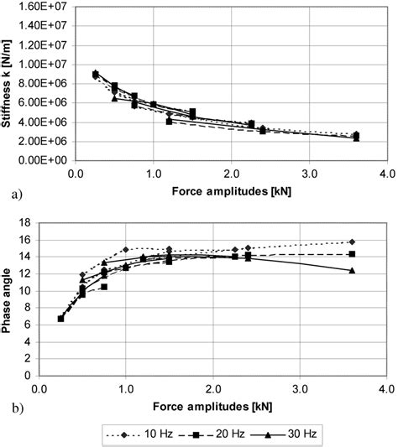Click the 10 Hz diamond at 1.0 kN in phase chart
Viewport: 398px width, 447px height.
point(125,250)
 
